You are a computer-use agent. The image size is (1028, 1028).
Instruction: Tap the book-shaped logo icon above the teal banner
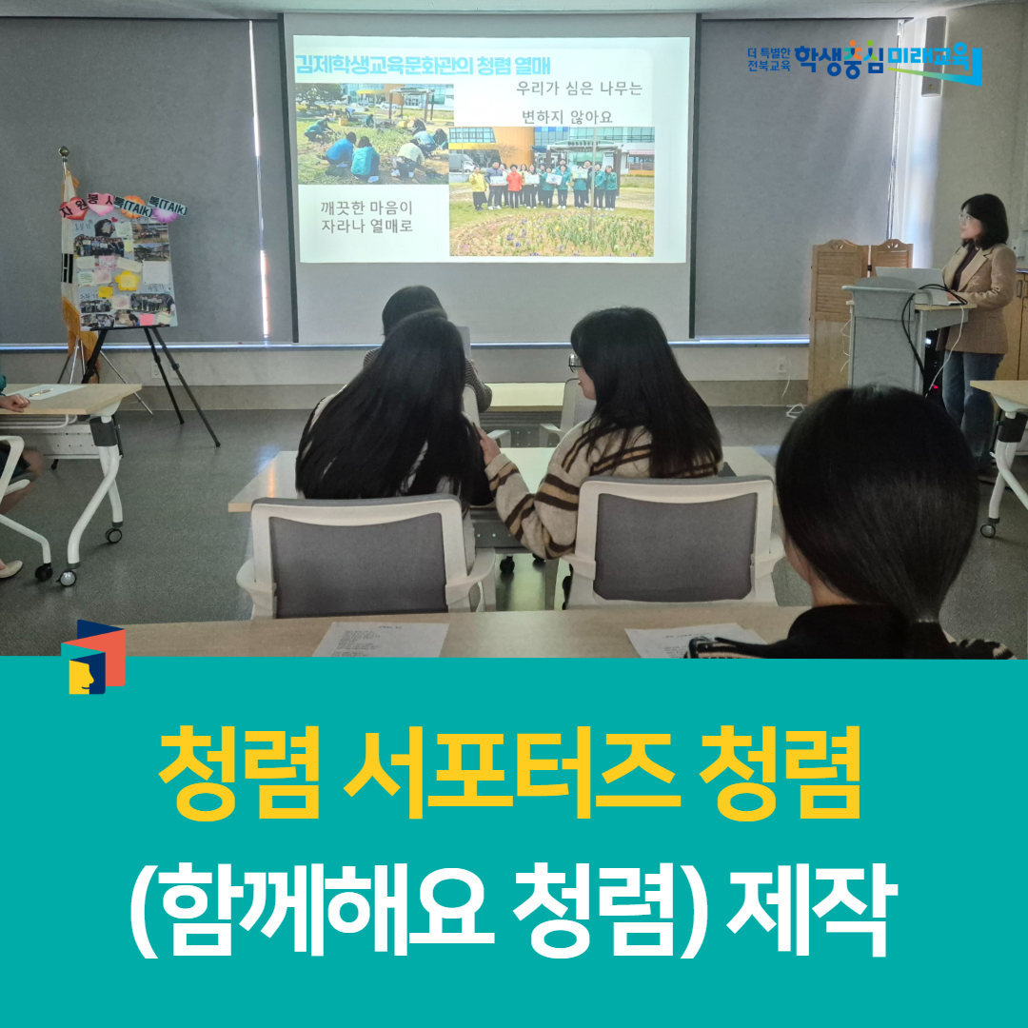click(93, 657)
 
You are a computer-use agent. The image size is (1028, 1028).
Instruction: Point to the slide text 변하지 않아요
click(580, 116)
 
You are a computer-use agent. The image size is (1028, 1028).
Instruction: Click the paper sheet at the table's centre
click(381, 639)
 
